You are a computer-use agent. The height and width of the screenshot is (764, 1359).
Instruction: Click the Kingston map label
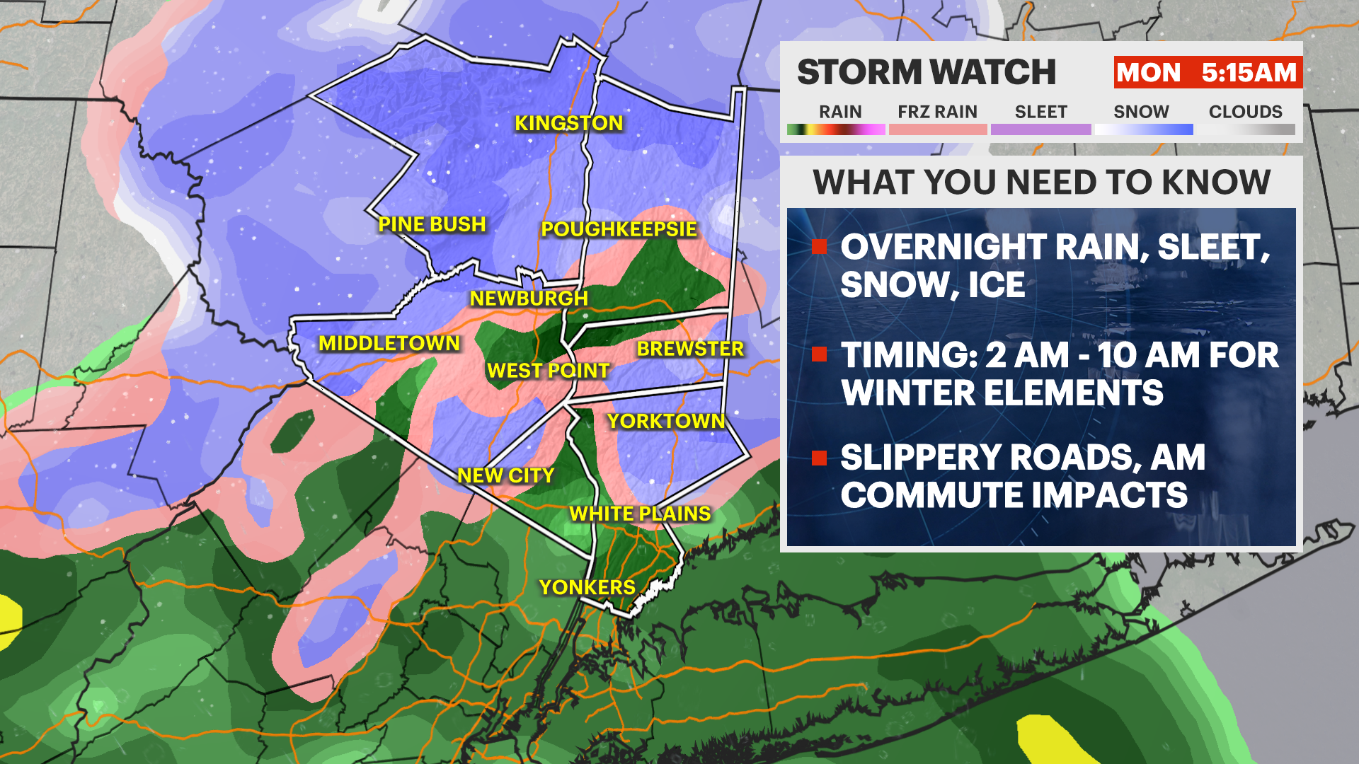[568, 123]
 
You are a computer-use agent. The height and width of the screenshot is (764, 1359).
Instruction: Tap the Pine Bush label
[432, 224]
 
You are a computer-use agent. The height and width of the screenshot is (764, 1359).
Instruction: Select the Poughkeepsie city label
[619, 229]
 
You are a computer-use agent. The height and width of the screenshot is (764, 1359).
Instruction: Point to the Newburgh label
[529, 299]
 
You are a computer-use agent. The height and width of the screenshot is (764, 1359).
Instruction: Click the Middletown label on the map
[389, 344]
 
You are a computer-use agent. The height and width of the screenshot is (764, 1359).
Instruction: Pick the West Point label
[548, 371]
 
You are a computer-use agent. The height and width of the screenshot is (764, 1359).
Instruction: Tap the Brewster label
[690, 349]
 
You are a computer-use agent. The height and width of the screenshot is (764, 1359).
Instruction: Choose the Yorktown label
[666, 422]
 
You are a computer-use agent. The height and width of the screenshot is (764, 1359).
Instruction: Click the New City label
[505, 475]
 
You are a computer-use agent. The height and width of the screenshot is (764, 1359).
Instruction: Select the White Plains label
[640, 514]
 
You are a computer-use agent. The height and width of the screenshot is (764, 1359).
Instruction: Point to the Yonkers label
[587, 587]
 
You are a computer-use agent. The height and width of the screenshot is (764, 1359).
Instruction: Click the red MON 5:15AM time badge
[1208, 73]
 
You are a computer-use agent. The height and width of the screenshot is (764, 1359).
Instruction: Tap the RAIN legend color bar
[836, 129]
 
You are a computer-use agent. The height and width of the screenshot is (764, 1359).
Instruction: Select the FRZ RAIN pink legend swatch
[938, 129]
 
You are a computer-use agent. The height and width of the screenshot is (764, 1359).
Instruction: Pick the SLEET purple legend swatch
[1040, 129]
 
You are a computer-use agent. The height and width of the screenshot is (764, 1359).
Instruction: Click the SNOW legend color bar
[1143, 129]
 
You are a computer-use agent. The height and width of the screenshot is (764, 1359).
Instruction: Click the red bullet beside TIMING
[820, 354]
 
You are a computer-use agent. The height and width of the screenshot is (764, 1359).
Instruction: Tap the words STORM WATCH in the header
[926, 73]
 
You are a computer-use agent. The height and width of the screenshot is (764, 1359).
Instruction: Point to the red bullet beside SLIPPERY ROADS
[820, 458]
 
